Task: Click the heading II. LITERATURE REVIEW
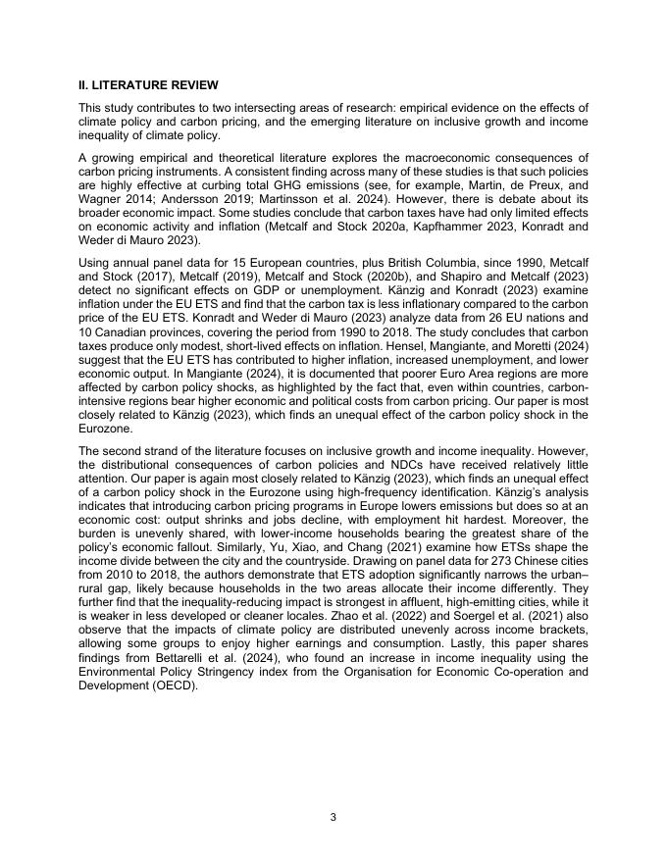click(x=148, y=85)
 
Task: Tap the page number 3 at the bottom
click(x=333, y=816)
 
